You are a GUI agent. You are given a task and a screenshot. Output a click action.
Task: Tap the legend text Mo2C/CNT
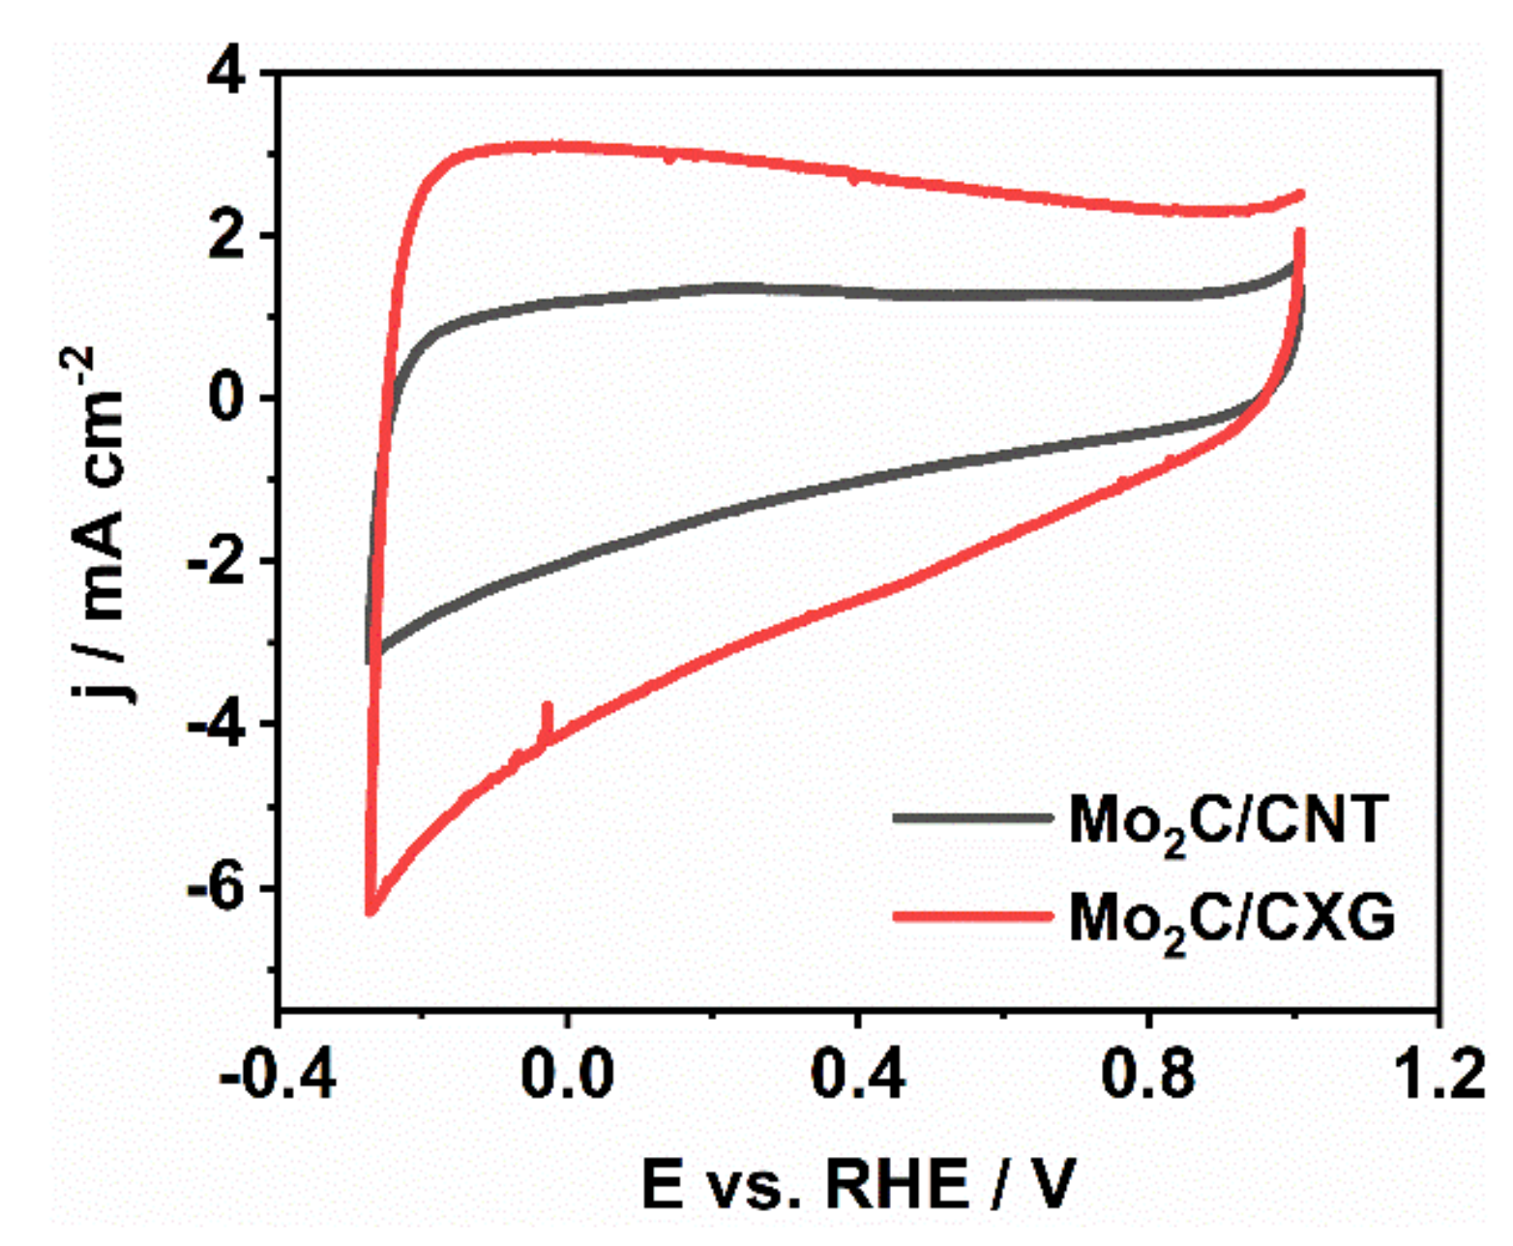pos(1229,823)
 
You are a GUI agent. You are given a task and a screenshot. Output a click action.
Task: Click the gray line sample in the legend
pos(971,818)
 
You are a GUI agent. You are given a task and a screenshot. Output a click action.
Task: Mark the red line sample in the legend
pos(971,914)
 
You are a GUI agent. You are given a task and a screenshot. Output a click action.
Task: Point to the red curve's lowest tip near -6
pos(370,910)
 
